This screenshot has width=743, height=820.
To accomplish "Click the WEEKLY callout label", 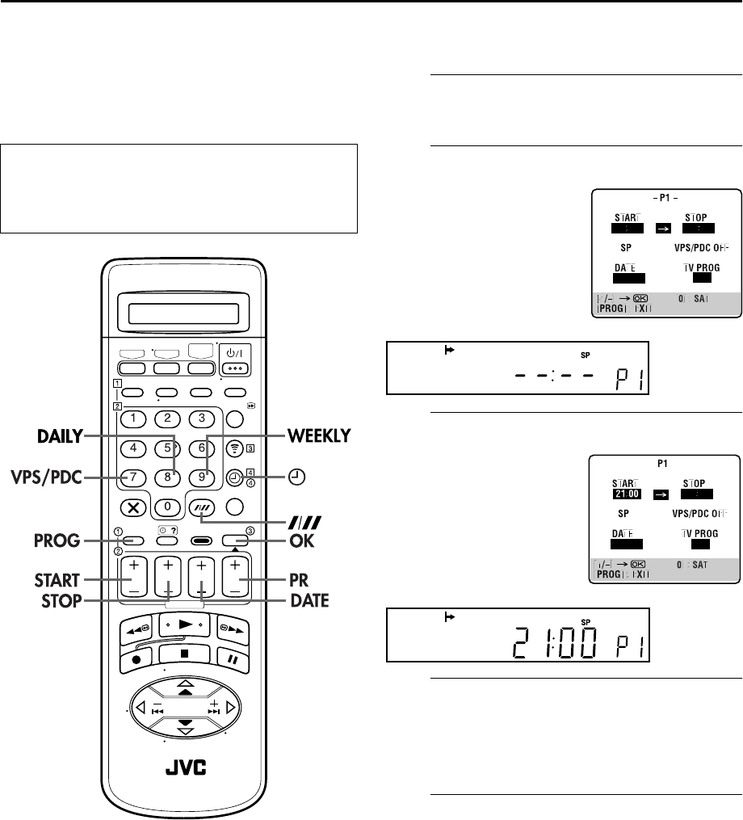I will coord(318,435).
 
